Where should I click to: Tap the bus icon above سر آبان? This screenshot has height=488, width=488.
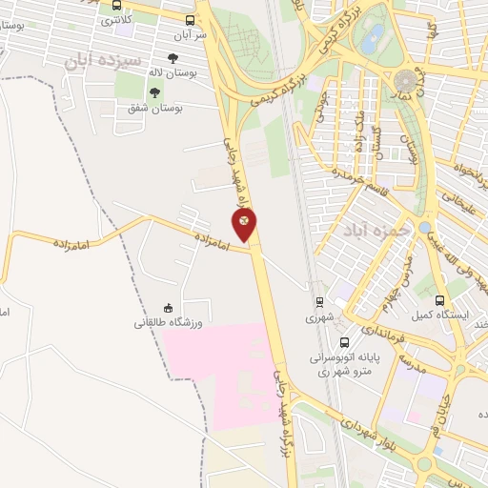190,19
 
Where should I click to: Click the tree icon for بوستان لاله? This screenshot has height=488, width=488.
172,58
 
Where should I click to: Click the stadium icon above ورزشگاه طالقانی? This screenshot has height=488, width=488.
168,307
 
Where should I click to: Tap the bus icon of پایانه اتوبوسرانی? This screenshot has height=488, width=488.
343,341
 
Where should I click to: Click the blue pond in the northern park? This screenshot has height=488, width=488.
373,38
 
